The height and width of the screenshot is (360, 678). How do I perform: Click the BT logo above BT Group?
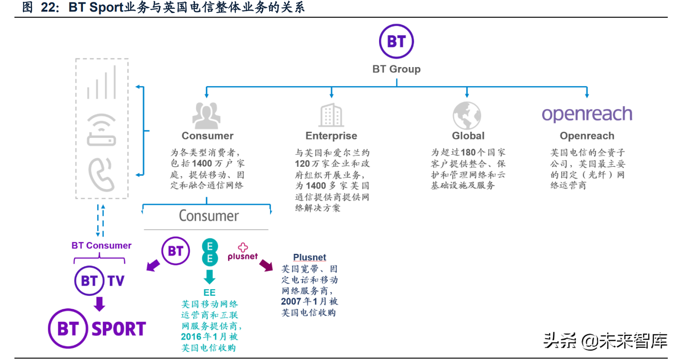(396, 42)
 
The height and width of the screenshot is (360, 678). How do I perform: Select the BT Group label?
(396, 69)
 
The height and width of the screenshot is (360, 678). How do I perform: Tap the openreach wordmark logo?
(587, 114)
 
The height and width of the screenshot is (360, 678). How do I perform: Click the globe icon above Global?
(467, 115)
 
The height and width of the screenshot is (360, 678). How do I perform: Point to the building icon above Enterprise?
(331, 115)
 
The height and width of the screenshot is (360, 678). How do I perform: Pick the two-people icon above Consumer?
(207, 115)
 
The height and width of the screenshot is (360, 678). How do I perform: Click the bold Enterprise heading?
(331, 136)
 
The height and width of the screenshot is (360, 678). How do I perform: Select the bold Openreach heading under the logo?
(587, 136)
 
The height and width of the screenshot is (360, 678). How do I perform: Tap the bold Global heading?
(468, 136)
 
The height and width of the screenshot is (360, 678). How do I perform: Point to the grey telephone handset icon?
(102, 175)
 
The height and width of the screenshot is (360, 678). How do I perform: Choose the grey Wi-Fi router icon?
(102, 130)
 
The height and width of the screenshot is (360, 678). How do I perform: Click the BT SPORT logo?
(97, 329)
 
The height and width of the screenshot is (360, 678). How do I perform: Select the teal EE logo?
(210, 252)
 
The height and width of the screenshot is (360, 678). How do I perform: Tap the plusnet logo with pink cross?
(243, 252)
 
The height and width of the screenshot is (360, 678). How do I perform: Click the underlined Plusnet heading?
(310, 257)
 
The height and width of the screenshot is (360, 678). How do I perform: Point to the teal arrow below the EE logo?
(210, 277)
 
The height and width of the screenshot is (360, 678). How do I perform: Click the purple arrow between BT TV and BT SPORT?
(99, 304)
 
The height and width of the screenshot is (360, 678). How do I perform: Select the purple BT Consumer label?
(102, 245)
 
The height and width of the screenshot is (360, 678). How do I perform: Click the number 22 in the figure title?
(51, 8)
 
